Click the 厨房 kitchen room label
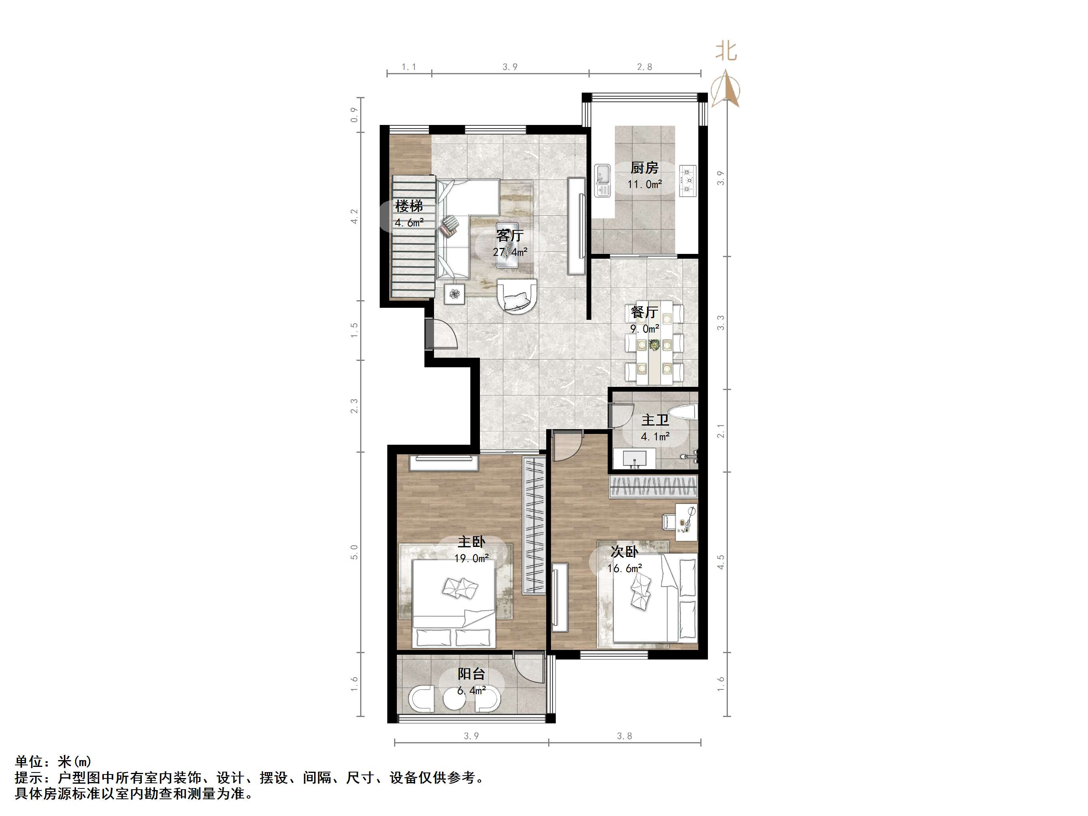[644, 168]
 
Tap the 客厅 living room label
[509, 236]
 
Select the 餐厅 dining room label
[644, 312]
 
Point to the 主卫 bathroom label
[655, 420]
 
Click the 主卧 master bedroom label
[471, 542]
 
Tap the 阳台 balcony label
[471, 674]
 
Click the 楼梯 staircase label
[409, 206]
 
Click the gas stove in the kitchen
[688, 181]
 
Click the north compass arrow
[726, 89]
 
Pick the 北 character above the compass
[726, 51]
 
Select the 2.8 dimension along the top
[644, 67]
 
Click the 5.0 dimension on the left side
[354, 552]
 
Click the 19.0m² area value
[471, 558]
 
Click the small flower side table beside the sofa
[455, 294]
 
